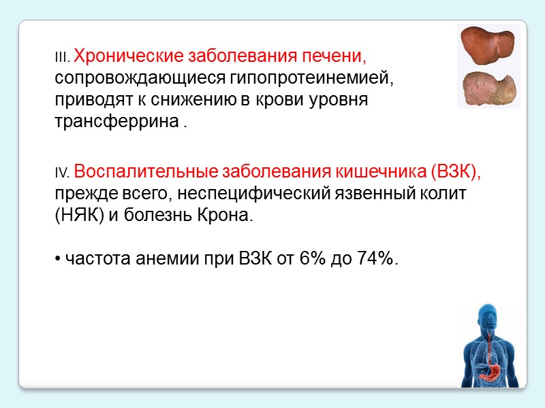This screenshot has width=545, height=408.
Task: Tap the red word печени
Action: (x=340, y=54)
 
